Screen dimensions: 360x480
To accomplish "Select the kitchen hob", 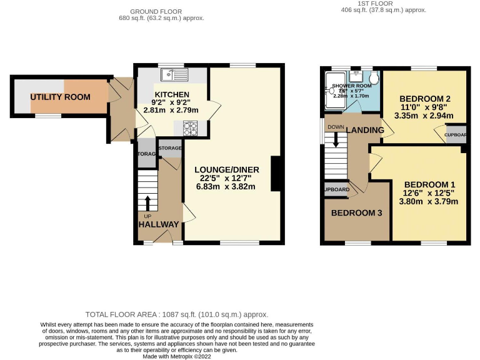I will [191, 127].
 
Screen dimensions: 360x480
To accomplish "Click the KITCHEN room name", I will [171, 94].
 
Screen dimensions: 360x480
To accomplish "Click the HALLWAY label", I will [159, 224].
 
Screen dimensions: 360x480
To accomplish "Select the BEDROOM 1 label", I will [429, 184].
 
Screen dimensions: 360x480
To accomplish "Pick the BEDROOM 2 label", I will [425, 99].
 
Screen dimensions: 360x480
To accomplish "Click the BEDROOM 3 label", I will [356, 213].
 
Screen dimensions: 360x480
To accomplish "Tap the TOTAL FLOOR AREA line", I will [177, 314].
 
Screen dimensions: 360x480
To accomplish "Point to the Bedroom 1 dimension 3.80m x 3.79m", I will [429, 201].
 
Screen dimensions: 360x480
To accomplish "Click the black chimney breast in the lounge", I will [274, 173].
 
